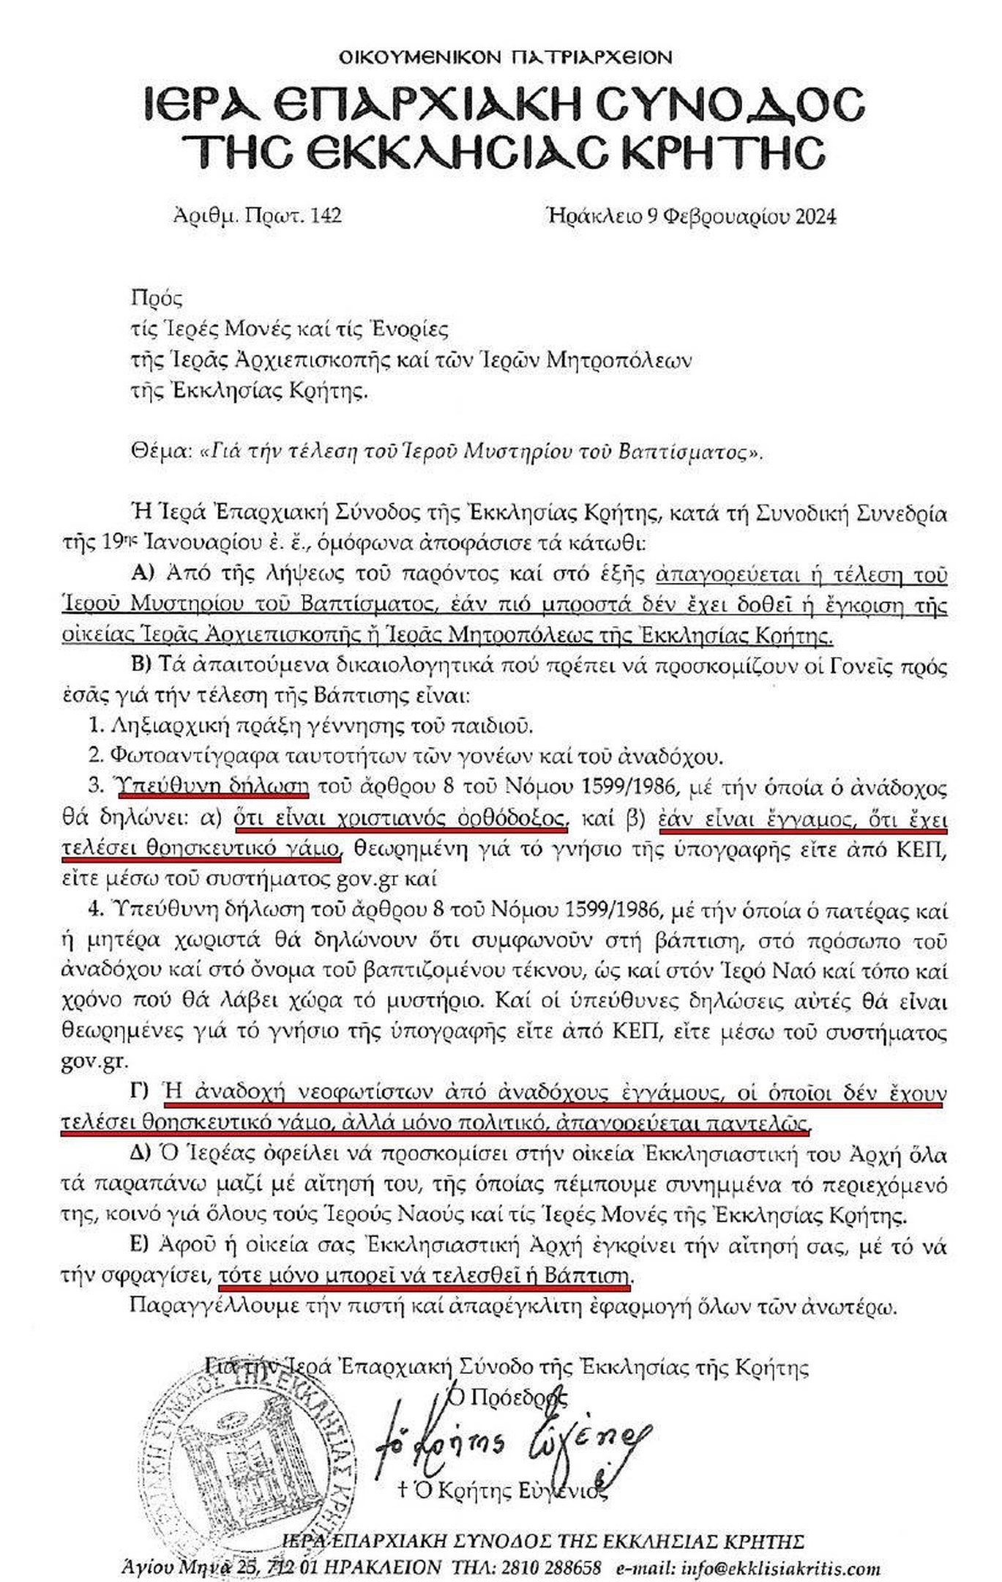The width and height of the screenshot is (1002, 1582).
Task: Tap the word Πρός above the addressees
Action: [156, 298]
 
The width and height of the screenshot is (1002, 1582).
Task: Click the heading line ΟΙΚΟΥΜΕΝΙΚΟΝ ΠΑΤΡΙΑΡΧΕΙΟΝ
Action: [506, 57]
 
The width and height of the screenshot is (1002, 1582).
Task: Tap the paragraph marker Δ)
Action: [141, 1154]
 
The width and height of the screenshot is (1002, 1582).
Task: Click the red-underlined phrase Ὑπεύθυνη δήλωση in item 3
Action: [212, 787]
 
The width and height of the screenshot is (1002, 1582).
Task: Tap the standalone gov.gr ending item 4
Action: [94, 1062]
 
